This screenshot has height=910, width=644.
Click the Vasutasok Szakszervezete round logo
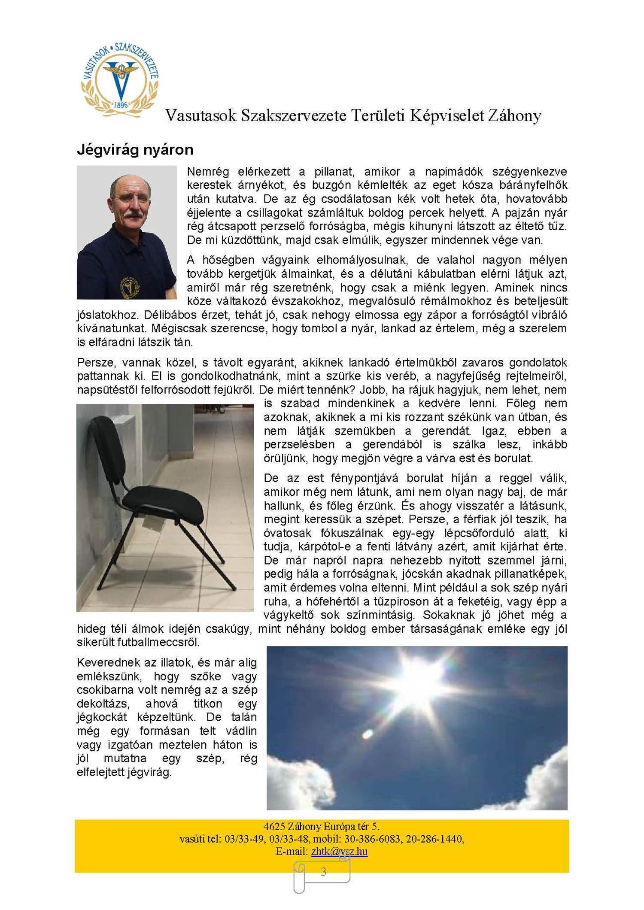[x=120, y=79]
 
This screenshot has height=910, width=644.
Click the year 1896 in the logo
[x=121, y=105]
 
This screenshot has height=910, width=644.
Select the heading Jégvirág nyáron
[x=135, y=150]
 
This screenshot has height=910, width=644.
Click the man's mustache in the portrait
[x=132, y=213]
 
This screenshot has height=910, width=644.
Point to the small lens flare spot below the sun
[x=368, y=734]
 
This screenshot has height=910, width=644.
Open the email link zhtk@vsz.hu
[x=339, y=851]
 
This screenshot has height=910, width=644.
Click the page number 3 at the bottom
[x=323, y=871]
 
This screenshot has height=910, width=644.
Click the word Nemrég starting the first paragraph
[x=208, y=172]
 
